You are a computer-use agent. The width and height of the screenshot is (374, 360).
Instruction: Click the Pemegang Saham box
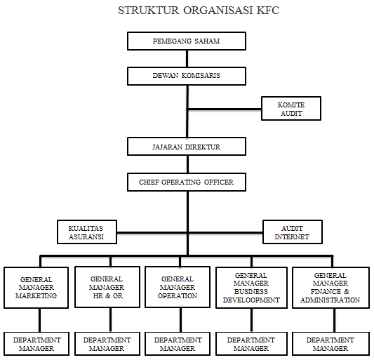click(187, 41)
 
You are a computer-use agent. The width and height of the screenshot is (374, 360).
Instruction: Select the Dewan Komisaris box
click(187, 76)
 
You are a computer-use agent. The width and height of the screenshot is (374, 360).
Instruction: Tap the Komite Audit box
click(291, 109)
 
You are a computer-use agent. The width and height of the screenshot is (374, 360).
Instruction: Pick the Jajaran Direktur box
click(187, 147)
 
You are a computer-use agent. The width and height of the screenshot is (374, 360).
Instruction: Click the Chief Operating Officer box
click(187, 182)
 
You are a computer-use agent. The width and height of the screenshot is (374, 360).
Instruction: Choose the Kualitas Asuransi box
click(87, 232)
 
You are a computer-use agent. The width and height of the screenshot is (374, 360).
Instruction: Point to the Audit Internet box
click(293, 232)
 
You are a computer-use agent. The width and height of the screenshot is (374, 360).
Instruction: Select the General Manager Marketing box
click(36, 288)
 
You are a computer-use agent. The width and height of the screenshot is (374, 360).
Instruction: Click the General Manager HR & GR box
click(107, 287)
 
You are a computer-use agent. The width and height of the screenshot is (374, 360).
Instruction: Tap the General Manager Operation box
click(178, 287)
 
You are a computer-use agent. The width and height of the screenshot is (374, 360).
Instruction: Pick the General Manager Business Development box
click(251, 288)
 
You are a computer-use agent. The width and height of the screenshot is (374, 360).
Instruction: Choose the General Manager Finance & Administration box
click(330, 288)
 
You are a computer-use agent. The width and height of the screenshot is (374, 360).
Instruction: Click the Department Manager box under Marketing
click(36, 344)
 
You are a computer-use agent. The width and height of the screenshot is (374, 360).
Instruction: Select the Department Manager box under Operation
click(178, 344)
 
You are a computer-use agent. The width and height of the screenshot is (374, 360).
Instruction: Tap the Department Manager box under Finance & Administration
click(330, 344)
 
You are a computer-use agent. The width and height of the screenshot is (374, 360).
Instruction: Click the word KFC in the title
click(268, 11)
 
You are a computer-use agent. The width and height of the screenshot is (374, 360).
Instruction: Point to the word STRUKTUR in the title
click(148, 11)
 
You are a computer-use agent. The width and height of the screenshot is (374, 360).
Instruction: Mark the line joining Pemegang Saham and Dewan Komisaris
click(187, 59)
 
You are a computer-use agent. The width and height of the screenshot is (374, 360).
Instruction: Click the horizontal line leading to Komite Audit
click(225, 109)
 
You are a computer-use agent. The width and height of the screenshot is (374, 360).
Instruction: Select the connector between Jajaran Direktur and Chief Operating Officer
click(188, 164)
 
